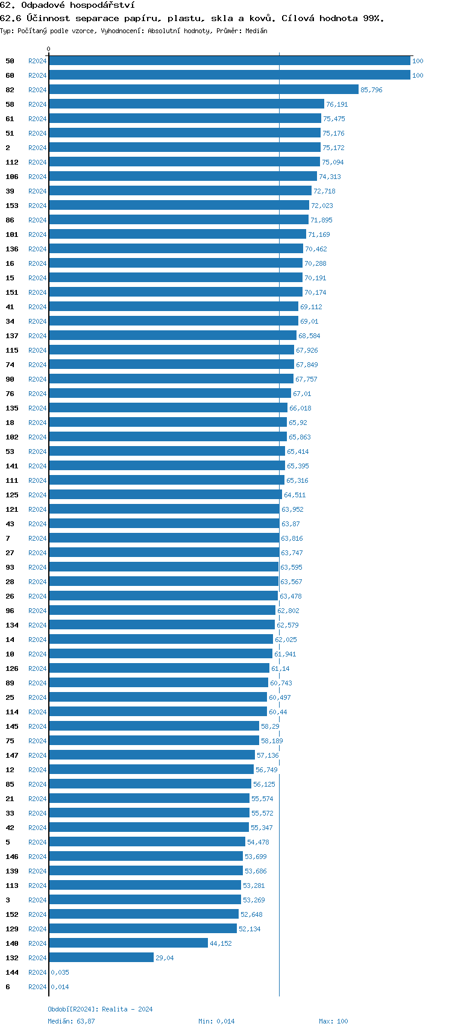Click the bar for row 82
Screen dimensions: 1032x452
[x=204, y=90]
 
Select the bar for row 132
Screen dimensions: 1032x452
[x=101, y=958]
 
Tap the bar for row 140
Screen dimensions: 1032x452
[x=128, y=943]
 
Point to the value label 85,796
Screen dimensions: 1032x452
[x=371, y=90]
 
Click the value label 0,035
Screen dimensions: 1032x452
[x=60, y=972]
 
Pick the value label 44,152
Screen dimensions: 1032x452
[x=221, y=944]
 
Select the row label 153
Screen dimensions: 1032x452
[x=12, y=206]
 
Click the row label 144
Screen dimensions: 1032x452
[x=12, y=972]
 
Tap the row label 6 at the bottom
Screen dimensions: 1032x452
[x=8, y=987]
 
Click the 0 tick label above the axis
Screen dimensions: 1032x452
[x=49, y=49]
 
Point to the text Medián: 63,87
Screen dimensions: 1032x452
[x=71, y=1021]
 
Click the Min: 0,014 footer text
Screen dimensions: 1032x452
[x=216, y=1021]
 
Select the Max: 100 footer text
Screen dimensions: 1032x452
[x=333, y=1021]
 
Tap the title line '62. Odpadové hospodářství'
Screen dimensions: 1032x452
[x=67, y=5]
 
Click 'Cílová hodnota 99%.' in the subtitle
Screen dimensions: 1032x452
[x=333, y=19]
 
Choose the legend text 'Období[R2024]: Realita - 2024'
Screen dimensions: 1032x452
[x=100, y=1009]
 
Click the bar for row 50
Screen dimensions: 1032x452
[x=230, y=61]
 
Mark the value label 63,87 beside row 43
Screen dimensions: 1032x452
[x=290, y=524]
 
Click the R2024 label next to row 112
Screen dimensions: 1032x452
[x=37, y=162]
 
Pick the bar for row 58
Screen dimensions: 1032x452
[x=186, y=104]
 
